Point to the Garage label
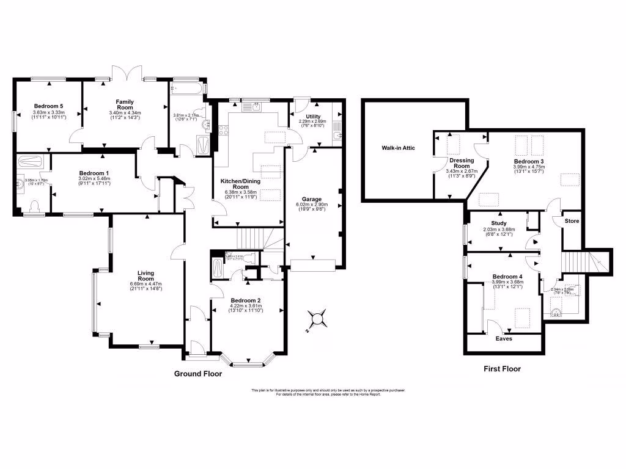click(312, 199)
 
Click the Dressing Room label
click(462, 163)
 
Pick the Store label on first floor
click(572, 220)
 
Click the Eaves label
click(504, 338)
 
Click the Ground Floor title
click(198, 374)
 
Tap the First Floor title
click(502, 369)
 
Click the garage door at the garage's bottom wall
click(313, 265)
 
